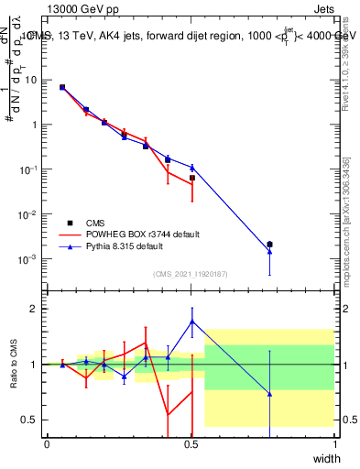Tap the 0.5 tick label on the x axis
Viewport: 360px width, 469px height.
pos(191,444)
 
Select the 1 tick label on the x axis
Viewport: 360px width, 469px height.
pos(334,444)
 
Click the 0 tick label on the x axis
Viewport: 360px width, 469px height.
pos(47,444)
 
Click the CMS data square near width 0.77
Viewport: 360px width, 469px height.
pos(269,245)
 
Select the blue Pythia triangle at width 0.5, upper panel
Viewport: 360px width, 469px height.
pos(191,168)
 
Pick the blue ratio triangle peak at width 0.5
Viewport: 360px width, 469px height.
pos(191,322)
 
